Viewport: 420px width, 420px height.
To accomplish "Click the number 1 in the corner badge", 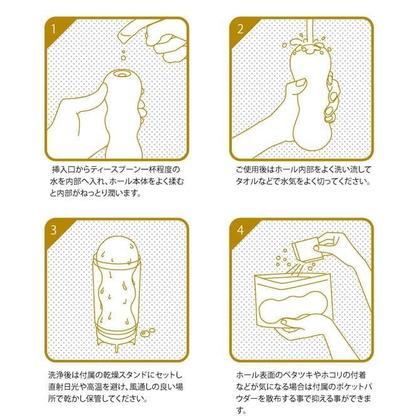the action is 53,29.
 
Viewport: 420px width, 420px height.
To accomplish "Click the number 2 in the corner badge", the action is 240,29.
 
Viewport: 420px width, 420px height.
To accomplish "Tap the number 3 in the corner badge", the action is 53,230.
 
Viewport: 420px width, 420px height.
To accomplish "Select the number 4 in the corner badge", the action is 240,230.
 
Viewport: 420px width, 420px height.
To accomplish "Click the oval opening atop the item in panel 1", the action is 122,74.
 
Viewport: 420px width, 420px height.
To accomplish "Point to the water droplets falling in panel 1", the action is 123,55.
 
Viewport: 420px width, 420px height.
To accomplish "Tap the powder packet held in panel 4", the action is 306,251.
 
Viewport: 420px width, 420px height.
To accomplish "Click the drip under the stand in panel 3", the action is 116,347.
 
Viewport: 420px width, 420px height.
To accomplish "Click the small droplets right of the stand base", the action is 147,332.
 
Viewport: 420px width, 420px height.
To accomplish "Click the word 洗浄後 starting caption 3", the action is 60,375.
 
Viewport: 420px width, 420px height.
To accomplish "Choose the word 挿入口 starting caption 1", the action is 63,169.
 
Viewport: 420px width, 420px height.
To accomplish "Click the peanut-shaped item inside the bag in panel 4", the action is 293,308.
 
